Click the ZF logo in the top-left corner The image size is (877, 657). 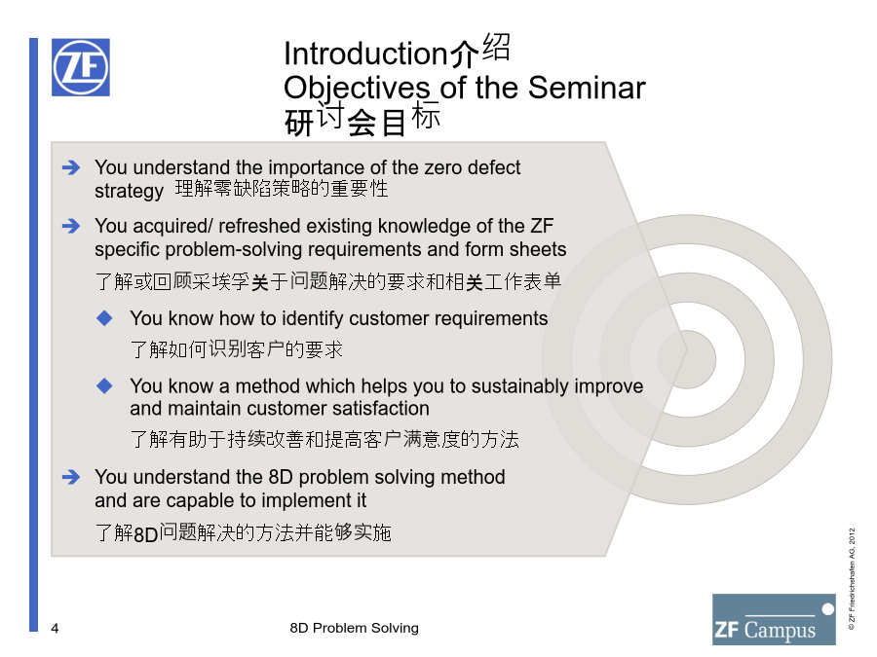(x=81, y=67)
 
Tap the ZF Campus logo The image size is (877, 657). (x=774, y=619)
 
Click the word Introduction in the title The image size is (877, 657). (x=365, y=54)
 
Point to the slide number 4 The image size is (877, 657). (x=55, y=629)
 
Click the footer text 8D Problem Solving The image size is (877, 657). (x=354, y=628)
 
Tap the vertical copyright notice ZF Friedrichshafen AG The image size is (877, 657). (x=852, y=579)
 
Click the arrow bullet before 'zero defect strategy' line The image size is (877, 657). (x=71, y=167)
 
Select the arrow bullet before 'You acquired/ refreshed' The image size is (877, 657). (x=71, y=226)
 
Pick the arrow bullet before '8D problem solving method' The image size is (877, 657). (x=71, y=477)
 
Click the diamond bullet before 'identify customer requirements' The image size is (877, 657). (x=104, y=318)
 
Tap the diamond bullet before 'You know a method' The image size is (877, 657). (x=104, y=385)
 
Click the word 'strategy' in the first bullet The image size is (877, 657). (x=130, y=191)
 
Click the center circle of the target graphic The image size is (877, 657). (x=687, y=360)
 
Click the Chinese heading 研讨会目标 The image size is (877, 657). (x=362, y=120)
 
